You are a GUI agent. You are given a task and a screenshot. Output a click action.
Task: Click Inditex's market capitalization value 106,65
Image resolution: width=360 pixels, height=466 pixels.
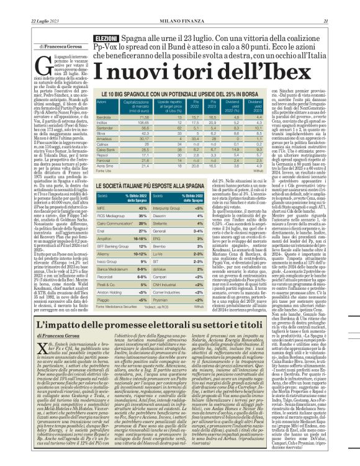tap(144, 123)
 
